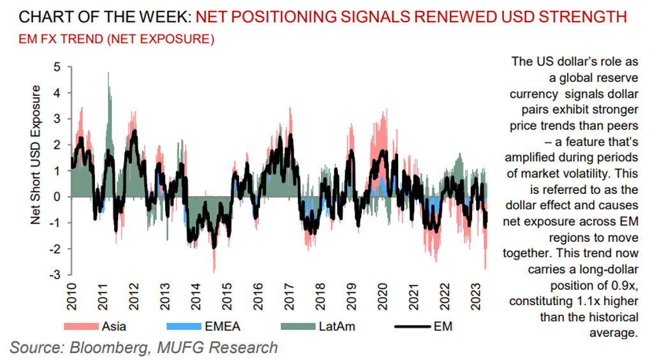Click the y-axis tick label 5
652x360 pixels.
57,66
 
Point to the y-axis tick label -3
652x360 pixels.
55,274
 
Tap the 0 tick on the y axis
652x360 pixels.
57,197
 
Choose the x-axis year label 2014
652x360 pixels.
195,296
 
